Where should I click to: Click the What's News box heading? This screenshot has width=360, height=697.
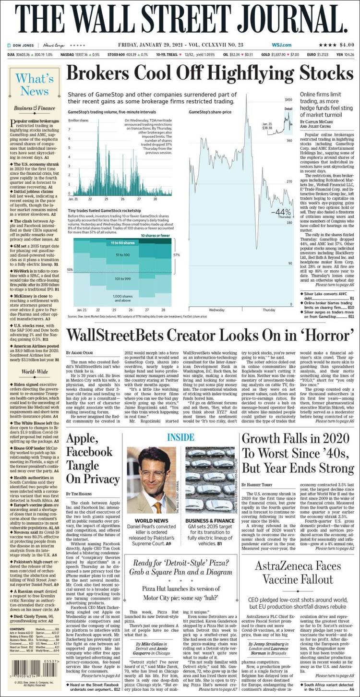[32, 84]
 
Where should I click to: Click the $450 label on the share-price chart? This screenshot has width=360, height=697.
[288, 99]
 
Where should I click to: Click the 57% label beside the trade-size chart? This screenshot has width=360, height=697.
[177, 255]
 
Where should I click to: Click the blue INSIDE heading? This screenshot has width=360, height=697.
[180, 437]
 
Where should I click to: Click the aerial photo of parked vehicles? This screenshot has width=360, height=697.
[210, 480]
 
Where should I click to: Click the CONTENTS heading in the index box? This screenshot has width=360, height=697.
[17, 629]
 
